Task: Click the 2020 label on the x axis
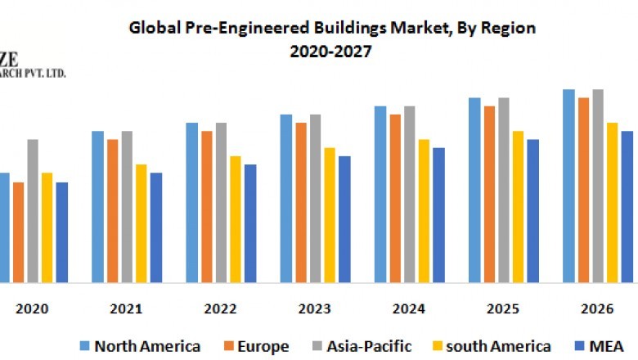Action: [x=33, y=309]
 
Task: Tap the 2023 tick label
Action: [x=315, y=309]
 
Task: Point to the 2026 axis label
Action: [x=597, y=309]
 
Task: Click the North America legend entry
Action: [x=140, y=346]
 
